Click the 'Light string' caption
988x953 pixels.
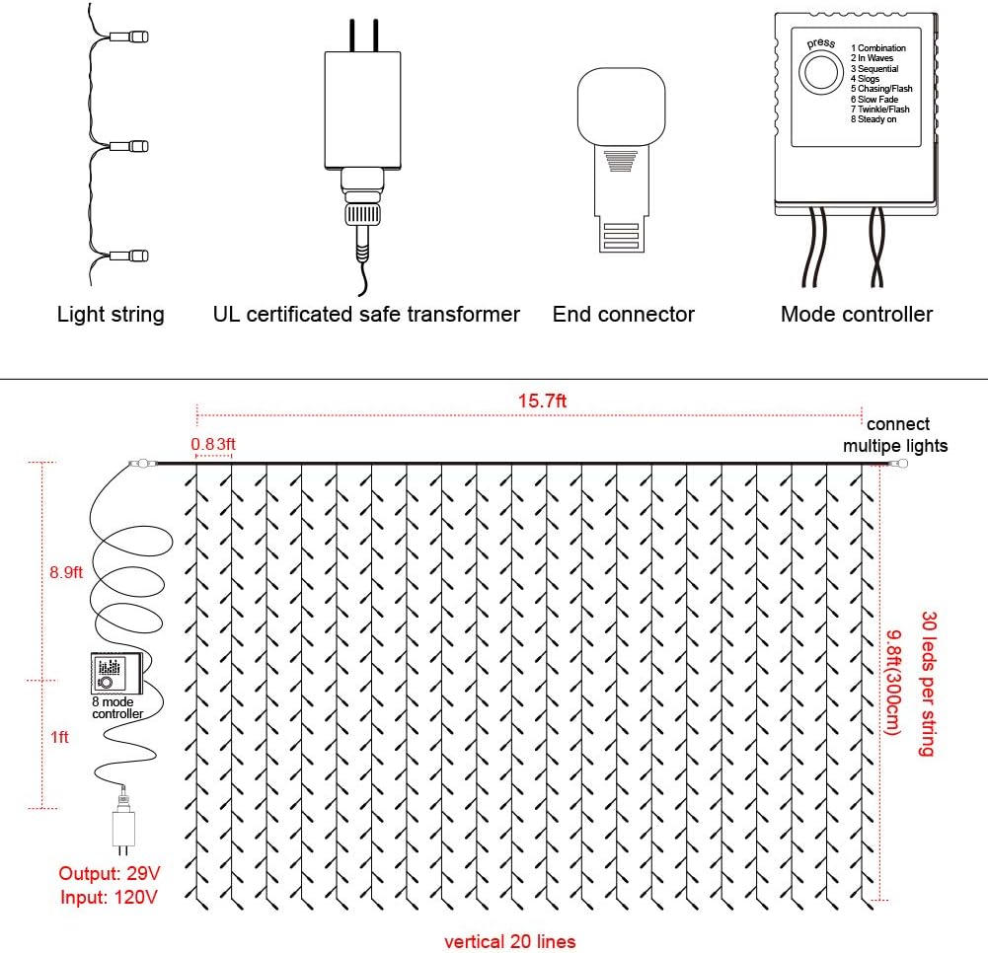pos(111,315)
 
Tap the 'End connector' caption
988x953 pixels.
pos(624,315)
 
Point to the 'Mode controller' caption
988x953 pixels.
pos(856,315)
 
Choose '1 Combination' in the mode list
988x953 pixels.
pos(877,48)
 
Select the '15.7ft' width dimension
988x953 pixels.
pos(542,401)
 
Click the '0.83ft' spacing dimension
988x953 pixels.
pos(214,445)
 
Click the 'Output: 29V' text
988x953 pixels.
pos(109,873)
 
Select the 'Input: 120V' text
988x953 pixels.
pos(109,896)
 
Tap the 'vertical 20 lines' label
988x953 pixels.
pos(509,941)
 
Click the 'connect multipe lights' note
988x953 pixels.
pos(894,435)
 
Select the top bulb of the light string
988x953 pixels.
pos(135,38)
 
